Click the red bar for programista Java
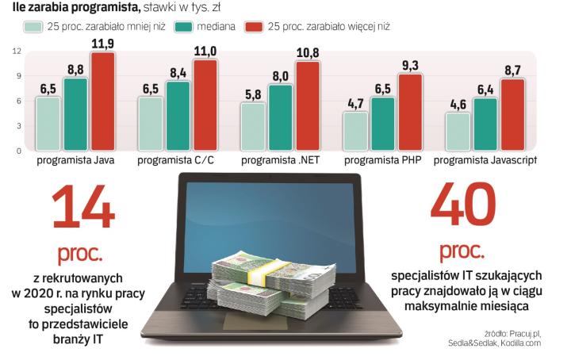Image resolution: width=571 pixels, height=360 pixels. pos(103,101)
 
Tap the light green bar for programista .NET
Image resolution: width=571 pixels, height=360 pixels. pos(253,126)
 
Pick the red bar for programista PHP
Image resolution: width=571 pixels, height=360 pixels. pos(410,112)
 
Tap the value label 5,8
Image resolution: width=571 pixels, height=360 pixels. pos(253,94)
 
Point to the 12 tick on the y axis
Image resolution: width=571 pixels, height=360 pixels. pos(17,52)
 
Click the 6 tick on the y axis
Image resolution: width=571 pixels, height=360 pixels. pos(17,101)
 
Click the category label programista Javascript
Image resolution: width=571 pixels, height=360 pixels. pos(485,160)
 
